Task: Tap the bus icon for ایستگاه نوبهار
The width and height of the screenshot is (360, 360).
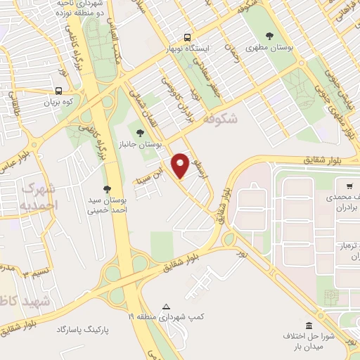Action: pos(187,37)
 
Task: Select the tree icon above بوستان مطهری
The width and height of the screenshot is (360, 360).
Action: pos(269,36)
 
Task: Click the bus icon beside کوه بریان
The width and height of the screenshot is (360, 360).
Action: pos(58,90)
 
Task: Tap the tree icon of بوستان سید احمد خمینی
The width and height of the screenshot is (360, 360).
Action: pos(107,188)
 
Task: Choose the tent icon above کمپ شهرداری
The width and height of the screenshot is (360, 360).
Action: pos(167,307)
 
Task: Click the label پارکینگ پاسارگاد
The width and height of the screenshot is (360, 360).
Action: pos(84,329)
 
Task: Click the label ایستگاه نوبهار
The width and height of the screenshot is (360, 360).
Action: pos(188,49)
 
